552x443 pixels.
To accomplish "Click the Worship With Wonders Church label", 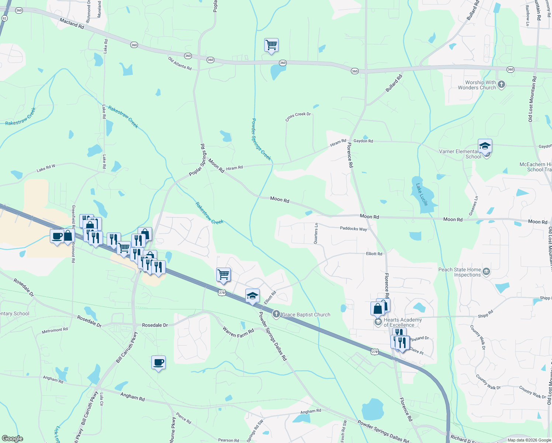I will [477, 85].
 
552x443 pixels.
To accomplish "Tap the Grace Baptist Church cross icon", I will [276, 315].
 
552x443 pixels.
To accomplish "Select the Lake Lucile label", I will [422, 195].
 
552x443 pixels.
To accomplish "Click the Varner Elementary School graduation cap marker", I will [485, 147].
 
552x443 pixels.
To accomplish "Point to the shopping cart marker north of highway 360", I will [271, 45].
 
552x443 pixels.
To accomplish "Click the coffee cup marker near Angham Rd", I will [158, 363].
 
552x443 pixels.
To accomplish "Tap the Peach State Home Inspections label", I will [460, 272].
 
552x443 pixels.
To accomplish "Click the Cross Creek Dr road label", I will [298, 117].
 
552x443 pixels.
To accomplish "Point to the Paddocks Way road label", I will [353, 229].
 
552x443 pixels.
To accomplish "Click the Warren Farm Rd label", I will [238, 331].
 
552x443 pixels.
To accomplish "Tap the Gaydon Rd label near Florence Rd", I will [363, 141].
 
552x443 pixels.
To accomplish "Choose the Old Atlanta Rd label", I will [180, 63].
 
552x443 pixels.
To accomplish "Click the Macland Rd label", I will [72, 23].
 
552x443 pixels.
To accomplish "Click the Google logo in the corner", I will [12, 439].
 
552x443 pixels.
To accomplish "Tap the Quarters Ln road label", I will [316, 233].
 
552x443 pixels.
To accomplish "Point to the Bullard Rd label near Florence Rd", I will [394, 84].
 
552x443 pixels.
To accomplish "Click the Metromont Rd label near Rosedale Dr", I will [55, 330].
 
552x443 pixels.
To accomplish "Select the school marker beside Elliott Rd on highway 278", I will [252, 296].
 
